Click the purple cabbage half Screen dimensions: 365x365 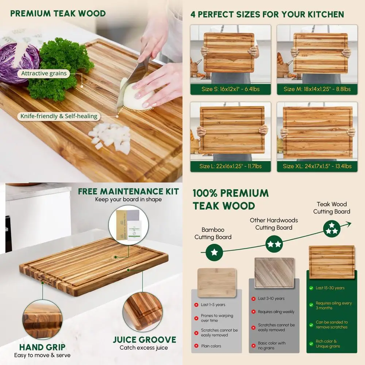point(18,62)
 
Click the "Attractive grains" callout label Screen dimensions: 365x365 point(44,73)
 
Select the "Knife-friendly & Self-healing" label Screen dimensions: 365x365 point(59,116)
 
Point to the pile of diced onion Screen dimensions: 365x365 point(111,137)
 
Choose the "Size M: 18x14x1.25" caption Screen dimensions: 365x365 point(317,89)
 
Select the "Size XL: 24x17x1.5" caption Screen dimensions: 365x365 point(317,166)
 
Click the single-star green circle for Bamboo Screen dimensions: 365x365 point(214,252)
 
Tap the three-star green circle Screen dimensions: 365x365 point(332,229)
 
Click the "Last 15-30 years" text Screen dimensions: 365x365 point(330,288)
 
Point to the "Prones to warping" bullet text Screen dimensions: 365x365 point(217,318)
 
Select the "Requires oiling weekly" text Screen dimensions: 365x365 point(276,312)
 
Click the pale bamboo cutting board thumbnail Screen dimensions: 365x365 point(216,282)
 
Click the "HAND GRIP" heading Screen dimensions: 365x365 point(42,347)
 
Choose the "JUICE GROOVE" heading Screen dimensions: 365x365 point(144,339)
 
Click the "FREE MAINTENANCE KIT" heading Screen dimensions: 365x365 point(128,191)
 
